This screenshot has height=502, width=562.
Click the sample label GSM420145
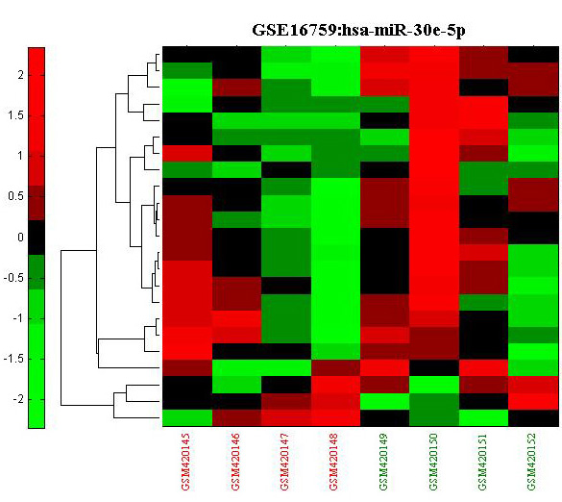point(186,462)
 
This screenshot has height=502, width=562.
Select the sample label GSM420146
point(235,462)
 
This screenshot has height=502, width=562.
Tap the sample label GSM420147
point(285,462)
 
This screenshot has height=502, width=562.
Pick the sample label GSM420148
point(334,462)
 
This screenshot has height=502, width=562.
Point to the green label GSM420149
point(384,462)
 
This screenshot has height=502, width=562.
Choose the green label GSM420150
point(433,462)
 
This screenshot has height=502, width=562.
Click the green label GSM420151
point(483,462)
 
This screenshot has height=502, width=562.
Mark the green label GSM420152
point(532,462)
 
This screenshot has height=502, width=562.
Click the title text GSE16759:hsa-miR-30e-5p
point(358,30)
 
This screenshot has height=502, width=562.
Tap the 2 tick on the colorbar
point(21,75)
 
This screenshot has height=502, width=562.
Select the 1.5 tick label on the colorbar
point(15,115)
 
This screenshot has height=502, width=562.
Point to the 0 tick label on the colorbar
point(21,238)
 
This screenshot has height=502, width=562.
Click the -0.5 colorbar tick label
point(13,278)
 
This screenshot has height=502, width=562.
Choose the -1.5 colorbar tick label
point(13,359)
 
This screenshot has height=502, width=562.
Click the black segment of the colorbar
point(37,238)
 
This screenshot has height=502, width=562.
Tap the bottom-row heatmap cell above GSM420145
point(187,418)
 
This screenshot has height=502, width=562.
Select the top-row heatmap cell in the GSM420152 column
point(533,55)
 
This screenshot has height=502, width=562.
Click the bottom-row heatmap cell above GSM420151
point(484,418)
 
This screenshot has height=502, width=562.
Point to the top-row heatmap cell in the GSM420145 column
point(187,55)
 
